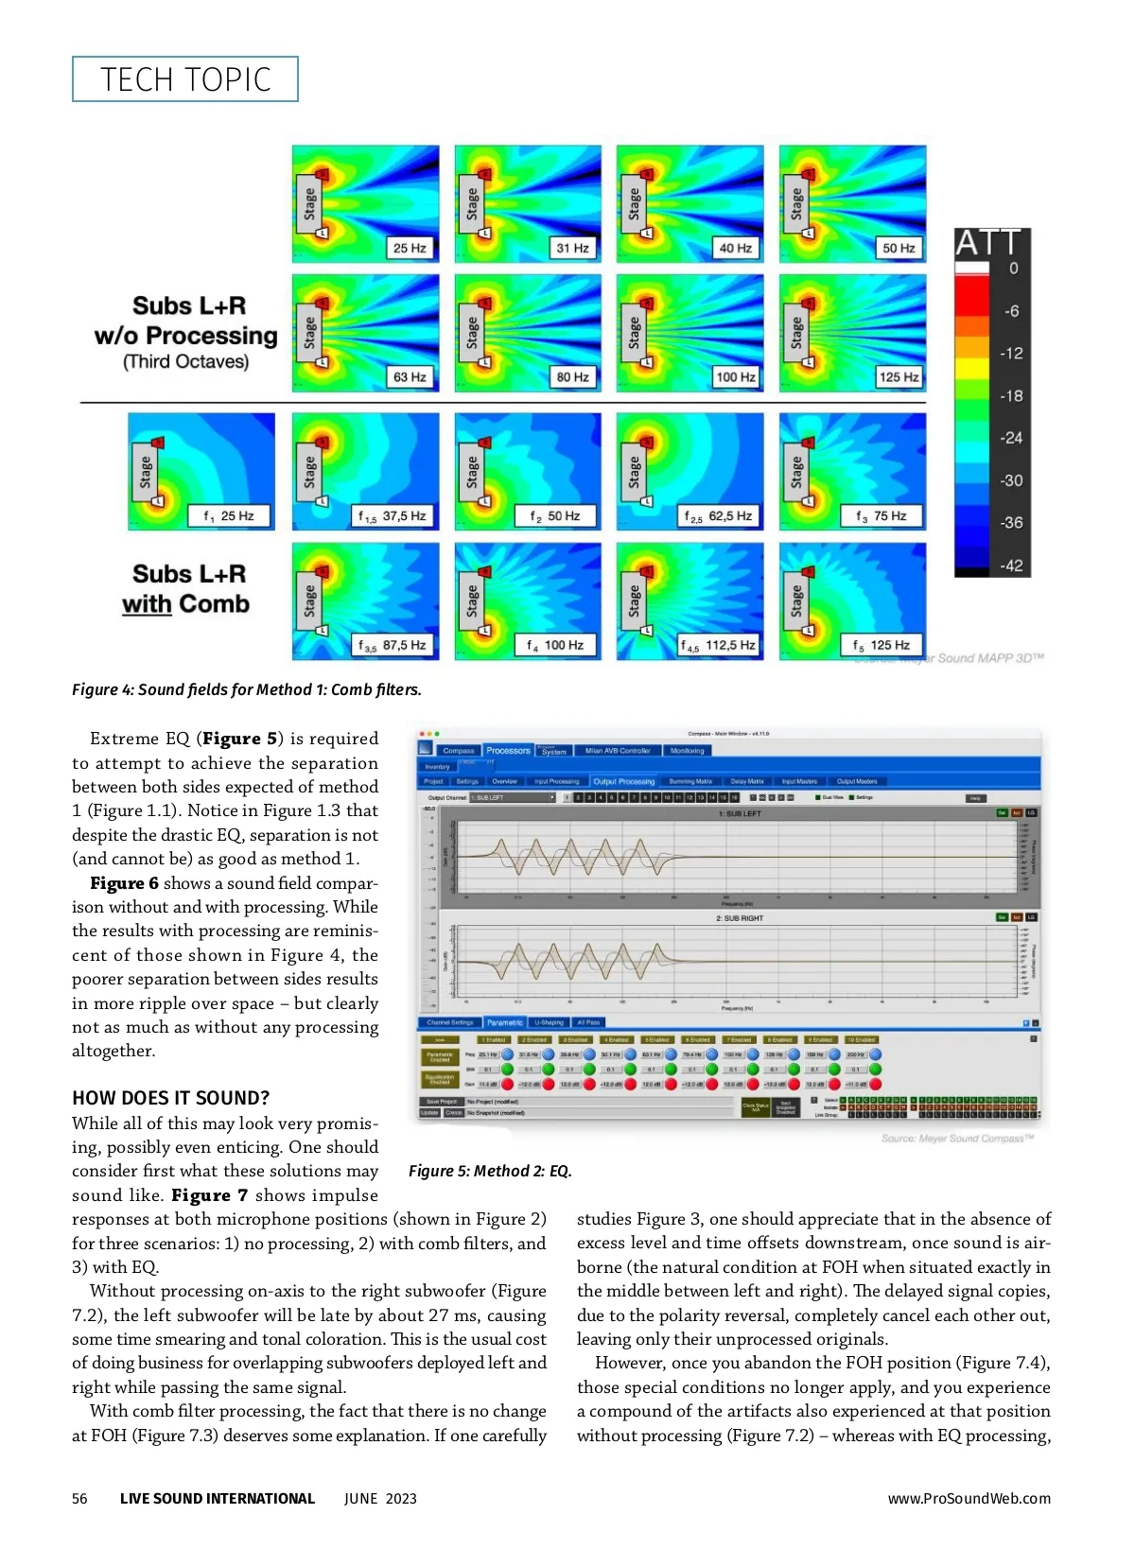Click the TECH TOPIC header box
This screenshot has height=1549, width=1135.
pos(185,79)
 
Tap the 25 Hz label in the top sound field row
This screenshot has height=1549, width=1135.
pos(410,248)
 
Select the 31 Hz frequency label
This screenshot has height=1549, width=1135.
pos(572,248)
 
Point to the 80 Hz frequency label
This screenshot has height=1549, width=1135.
pos(572,376)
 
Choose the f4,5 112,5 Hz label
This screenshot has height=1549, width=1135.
pos(719,646)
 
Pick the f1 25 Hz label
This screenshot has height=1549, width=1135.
pos(229,516)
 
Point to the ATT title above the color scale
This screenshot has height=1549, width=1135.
pos(988,244)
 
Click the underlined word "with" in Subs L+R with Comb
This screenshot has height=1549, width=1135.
pos(147,604)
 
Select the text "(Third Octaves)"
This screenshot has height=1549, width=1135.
pos(186,362)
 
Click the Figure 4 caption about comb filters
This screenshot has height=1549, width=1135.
pos(247,689)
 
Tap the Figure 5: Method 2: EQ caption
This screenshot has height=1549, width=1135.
pos(490,1171)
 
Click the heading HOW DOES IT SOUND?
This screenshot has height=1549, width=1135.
pos(170,1098)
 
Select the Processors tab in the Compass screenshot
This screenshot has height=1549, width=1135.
pos(508,751)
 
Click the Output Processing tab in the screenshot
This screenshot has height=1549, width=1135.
pos(623,781)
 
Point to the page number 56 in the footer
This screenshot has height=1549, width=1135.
pos(79,1498)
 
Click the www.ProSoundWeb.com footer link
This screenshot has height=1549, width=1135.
pos(969,1498)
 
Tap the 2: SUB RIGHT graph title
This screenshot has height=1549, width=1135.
pos(740,918)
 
